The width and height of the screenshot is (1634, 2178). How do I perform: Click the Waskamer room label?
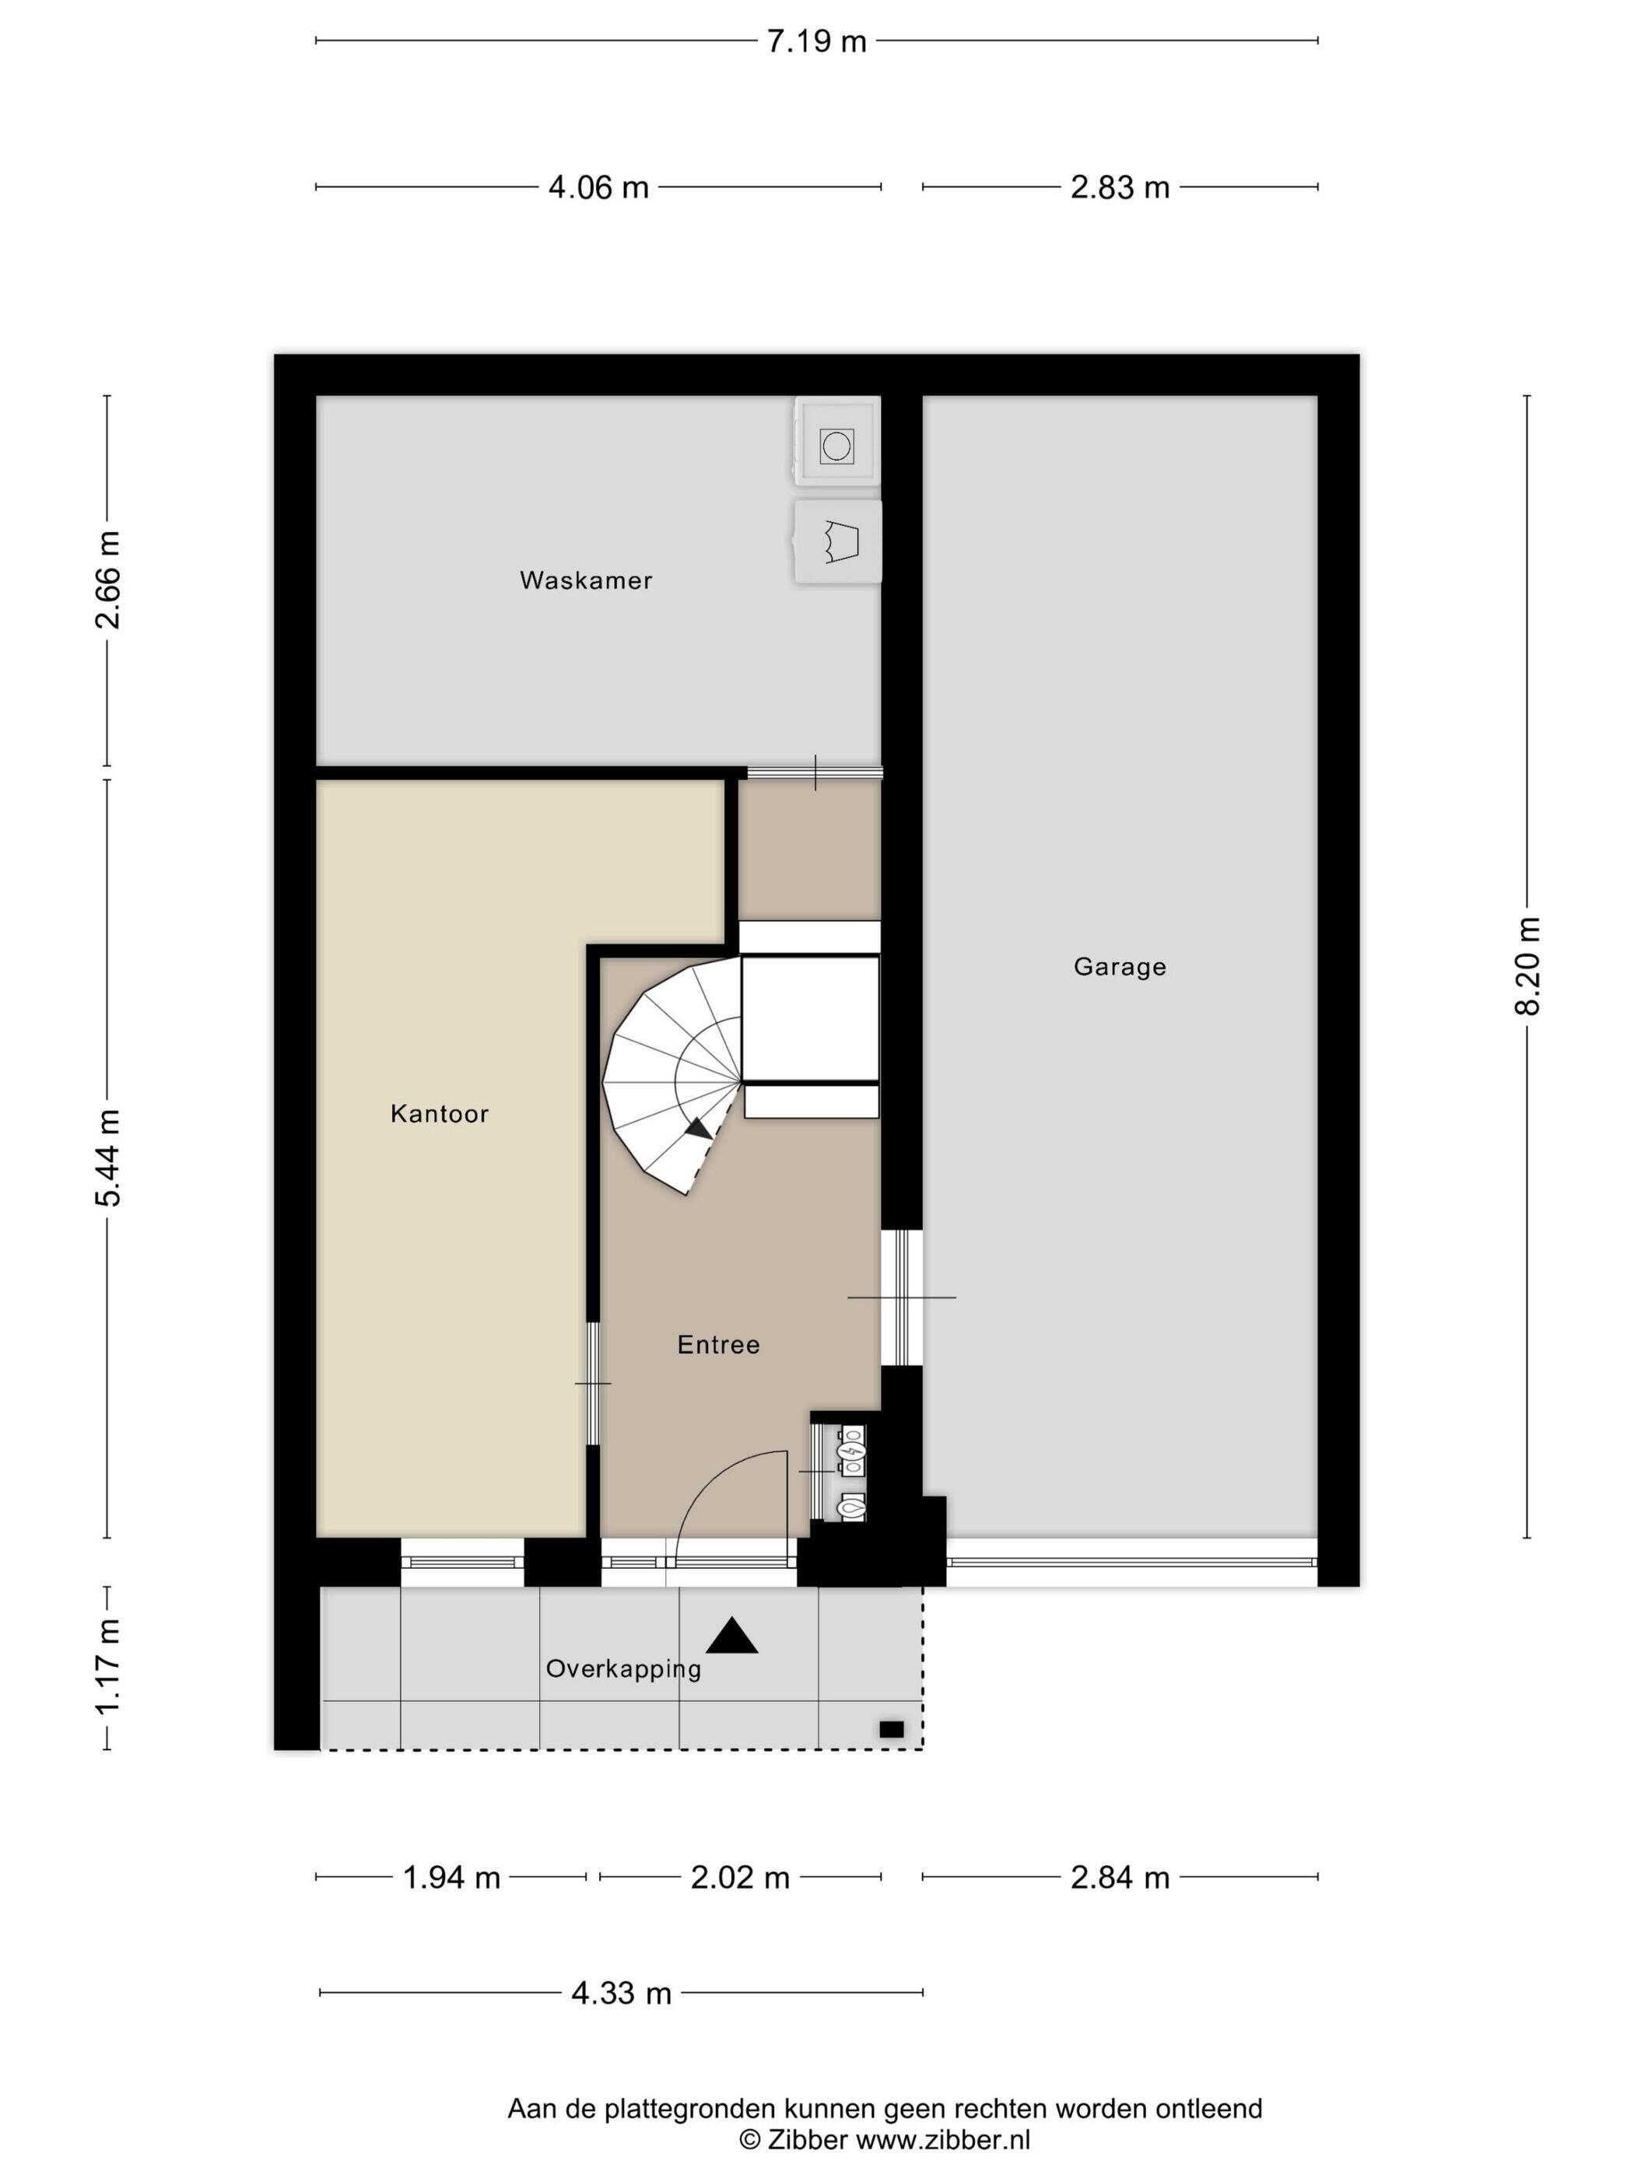tap(586, 580)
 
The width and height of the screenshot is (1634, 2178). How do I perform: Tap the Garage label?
tap(1120, 967)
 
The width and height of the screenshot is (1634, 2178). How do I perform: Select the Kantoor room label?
tap(440, 1114)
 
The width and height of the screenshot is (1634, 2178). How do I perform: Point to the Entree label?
tap(719, 1344)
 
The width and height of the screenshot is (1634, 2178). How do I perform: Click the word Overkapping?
tap(623, 1669)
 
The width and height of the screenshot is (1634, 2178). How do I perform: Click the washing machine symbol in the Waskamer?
tap(836, 445)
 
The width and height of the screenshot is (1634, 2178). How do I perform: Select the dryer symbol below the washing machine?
tap(837, 541)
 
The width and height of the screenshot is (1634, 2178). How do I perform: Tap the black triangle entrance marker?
tap(732, 1636)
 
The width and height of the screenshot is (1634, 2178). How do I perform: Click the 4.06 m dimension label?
tap(599, 187)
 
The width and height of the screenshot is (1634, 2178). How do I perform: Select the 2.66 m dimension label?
tap(107, 580)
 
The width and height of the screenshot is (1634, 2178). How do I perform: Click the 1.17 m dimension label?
tap(107, 1667)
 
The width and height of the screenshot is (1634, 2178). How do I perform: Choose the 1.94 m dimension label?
tap(452, 1878)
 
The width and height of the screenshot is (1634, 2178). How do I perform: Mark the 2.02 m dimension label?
tap(741, 1878)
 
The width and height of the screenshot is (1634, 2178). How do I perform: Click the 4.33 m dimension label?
tap(622, 1994)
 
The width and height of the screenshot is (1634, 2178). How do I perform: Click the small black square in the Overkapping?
tap(892, 1729)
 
